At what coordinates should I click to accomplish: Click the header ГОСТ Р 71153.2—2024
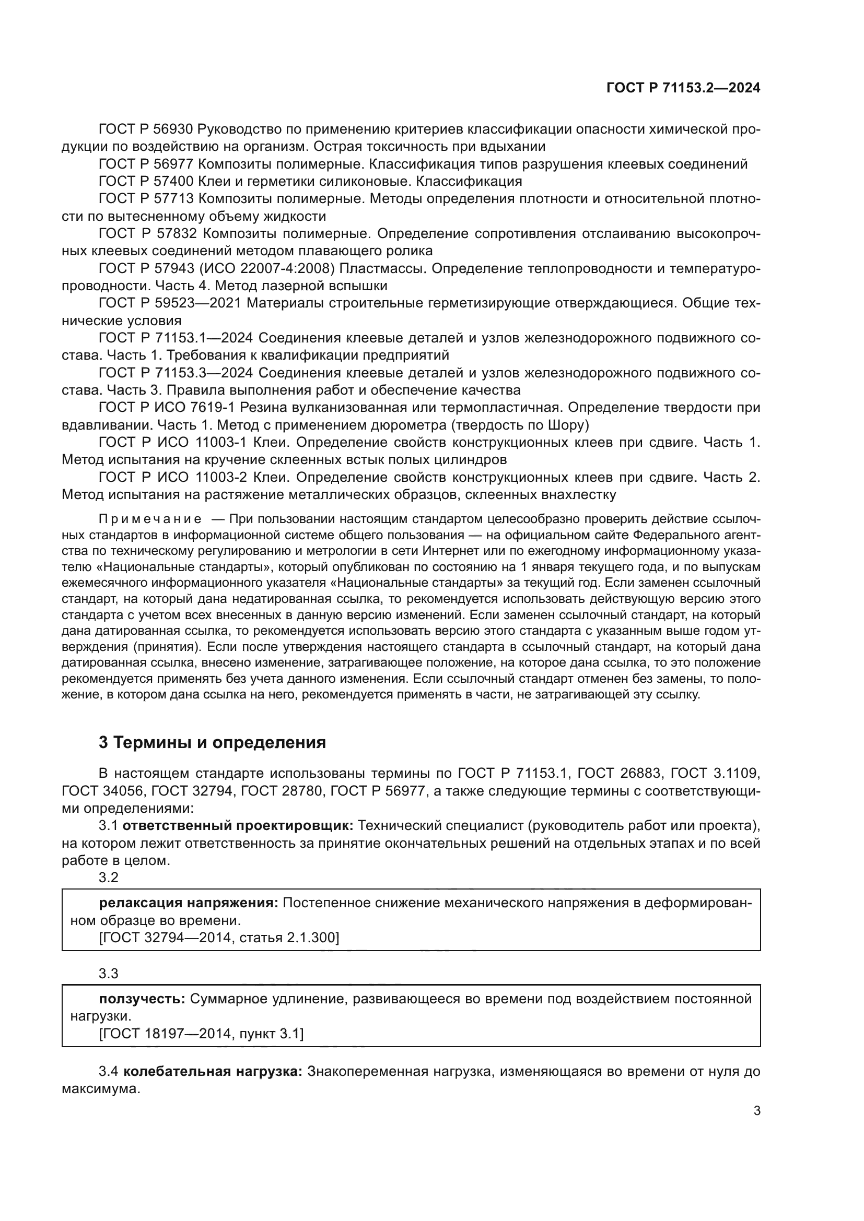click(683, 88)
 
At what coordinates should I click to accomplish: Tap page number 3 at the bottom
click(756, 1111)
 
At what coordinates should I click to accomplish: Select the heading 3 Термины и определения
click(212, 742)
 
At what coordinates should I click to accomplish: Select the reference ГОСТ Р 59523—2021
click(170, 303)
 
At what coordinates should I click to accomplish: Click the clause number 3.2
click(109, 878)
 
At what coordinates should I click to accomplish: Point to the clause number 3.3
click(109, 974)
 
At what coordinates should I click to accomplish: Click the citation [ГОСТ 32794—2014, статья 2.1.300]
click(219, 938)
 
